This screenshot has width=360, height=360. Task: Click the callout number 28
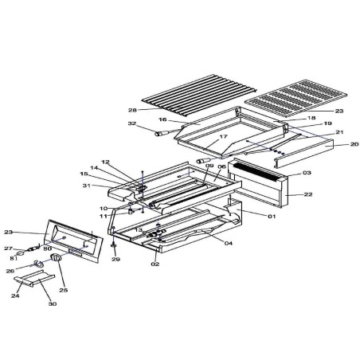tap(132, 110)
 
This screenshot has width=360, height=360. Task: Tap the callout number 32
tap(131, 124)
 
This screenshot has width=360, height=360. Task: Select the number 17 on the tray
tap(202, 137)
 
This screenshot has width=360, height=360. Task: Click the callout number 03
tap(307, 173)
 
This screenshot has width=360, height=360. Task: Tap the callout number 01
tap(271, 216)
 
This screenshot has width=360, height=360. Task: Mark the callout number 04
tap(228, 243)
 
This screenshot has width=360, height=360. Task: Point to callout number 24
tap(14, 295)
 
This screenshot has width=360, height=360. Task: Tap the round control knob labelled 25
tap(57, 260)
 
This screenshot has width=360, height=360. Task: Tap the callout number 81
tap(14, 257)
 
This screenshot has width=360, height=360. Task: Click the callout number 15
tap(84, 174)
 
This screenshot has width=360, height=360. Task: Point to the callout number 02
tap(156, 264)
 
